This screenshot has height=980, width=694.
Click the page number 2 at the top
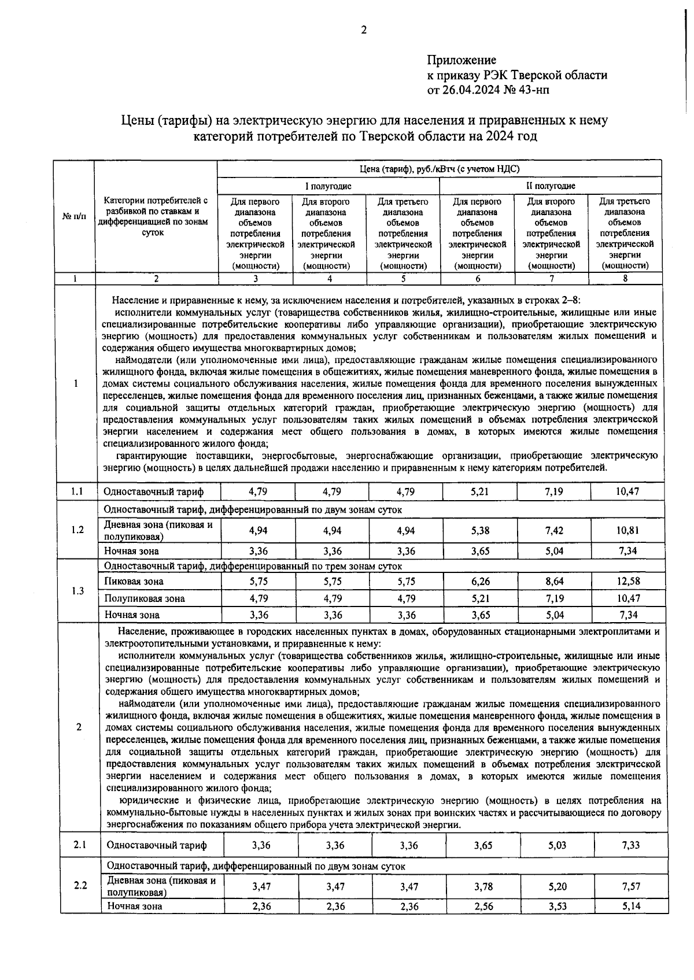(364, 31)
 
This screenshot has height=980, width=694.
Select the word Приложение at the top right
(462, 60)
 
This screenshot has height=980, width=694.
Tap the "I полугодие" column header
(328, 186)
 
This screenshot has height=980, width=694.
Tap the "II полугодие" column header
(550, 186)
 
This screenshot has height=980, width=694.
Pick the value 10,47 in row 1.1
(628, 491)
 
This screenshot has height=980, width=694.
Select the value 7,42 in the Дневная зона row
(554, 530)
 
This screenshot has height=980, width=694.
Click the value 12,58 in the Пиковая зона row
(628, 581)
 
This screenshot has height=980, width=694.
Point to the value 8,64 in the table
(554, 581)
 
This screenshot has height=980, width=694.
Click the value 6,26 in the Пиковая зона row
(480, 581)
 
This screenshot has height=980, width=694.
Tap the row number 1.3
(77, 590)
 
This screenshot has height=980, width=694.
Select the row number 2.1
(80, 845)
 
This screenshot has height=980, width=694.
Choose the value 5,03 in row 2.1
(558, 845)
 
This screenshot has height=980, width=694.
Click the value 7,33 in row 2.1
(631, 845)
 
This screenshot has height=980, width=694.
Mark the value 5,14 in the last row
(631, 906)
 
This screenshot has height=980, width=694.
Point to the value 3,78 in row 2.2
(483, 886)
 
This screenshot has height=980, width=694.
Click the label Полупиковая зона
(143, 598)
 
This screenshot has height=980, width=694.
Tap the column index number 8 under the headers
(625, 279)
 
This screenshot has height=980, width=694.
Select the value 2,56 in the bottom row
(483, 906)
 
